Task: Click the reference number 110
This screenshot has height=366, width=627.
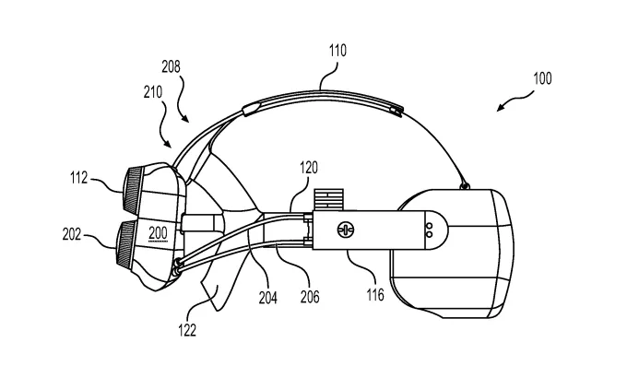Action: click(x=337, y=51)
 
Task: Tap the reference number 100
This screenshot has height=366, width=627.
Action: click(x=542, y=78)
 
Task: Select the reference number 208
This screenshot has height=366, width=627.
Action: click(x=171, y=66)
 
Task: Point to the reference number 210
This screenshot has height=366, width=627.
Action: click(x=153, y=92)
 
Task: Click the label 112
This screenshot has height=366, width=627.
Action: click(x=78, y=178)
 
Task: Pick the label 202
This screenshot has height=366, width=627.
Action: click(x=72, y=234)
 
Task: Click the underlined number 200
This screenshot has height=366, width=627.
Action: click(x=158, y=233)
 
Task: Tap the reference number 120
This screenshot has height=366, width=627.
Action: click(x=309, y=168)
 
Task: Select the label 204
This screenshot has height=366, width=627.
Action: click(x=268, y=298)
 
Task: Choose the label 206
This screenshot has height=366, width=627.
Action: click(x=310, y=297)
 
